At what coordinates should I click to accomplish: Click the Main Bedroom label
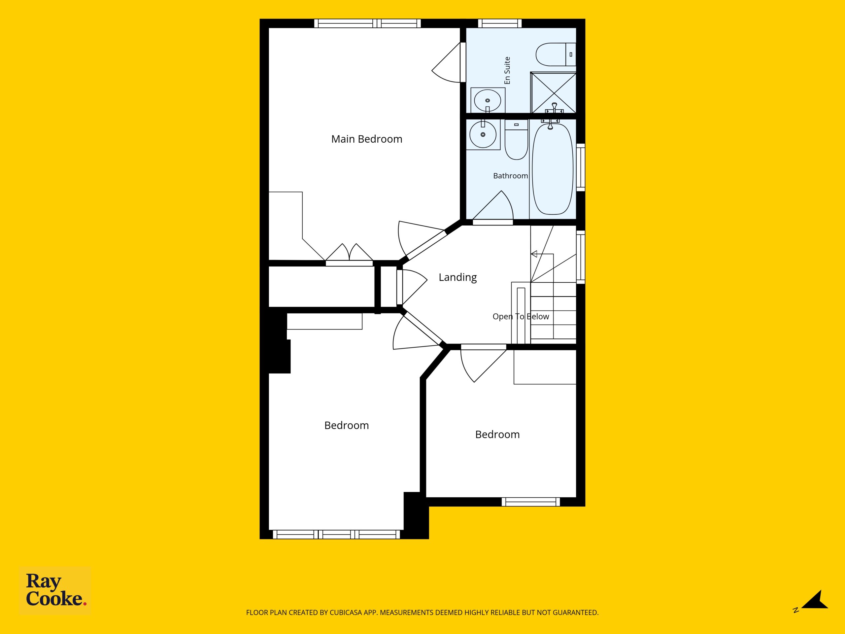367,139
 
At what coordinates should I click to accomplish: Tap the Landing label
457,277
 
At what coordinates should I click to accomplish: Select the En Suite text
507,70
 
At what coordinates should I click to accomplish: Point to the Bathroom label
510,176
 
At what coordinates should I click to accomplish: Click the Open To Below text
521,316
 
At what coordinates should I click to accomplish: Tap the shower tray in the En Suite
553,92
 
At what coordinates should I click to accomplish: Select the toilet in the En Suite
556,54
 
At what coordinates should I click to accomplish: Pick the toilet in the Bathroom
516,139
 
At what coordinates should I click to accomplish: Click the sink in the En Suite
488,100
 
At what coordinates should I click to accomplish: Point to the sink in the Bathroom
483,134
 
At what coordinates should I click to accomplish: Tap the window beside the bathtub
581,167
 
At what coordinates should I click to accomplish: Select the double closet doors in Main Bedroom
349,255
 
